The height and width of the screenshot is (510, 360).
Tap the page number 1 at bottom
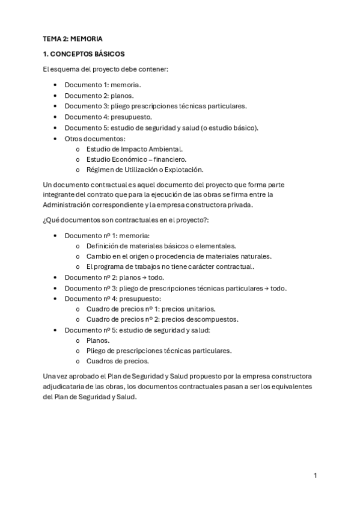315,475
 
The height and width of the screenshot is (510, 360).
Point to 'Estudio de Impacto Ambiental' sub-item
135,149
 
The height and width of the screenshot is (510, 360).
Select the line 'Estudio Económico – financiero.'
136,159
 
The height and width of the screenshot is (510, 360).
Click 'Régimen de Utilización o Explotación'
145,170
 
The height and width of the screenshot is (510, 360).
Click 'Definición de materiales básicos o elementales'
160,245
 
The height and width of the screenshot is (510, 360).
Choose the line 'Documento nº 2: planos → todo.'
114,277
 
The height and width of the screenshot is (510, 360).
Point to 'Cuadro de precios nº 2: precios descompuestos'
162,319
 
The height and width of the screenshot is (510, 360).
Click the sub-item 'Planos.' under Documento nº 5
99,340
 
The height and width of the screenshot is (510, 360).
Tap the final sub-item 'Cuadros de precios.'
118,361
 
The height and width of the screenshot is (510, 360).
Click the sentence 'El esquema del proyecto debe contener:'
106,69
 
